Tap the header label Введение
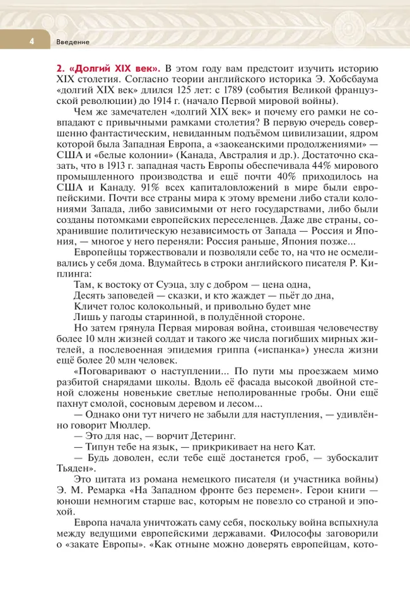[x=72, y=42]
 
